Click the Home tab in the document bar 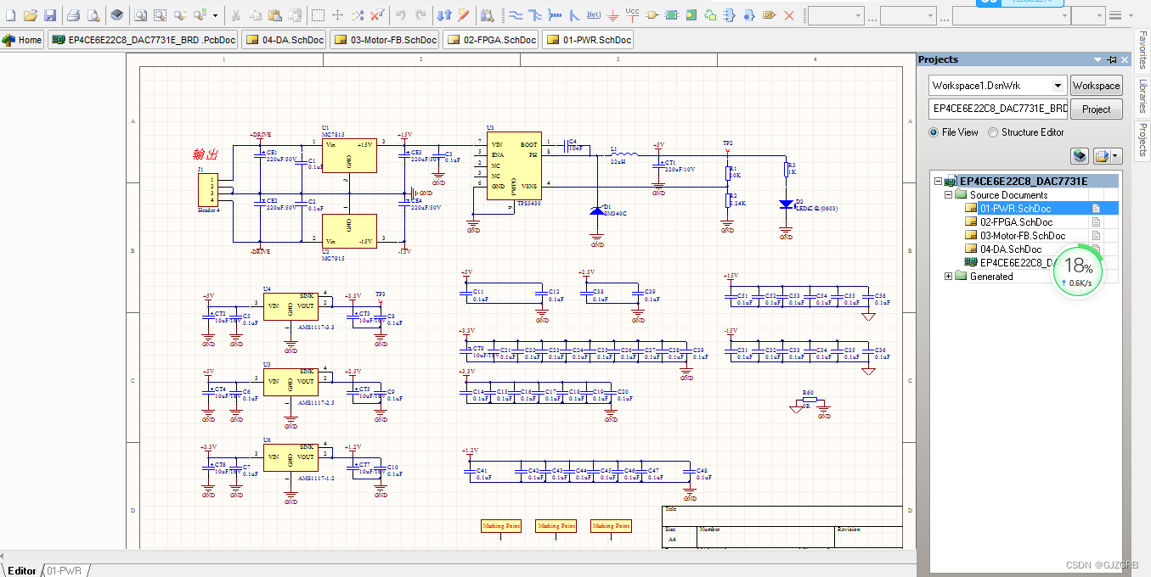23,40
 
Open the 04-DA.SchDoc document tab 285,40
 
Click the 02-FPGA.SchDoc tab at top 491,40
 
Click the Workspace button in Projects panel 1096,86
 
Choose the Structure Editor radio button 993,132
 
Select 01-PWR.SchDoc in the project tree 1016,209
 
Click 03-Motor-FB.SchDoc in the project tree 1022,236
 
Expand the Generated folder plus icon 949,277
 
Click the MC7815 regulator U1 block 348,156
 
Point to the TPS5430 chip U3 514,165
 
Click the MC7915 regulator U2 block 348,230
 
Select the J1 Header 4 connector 208,189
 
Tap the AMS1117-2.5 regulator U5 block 291,382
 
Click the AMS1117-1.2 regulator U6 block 291,457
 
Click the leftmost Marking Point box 501,526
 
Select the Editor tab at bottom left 22,571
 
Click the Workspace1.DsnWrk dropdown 997,86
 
